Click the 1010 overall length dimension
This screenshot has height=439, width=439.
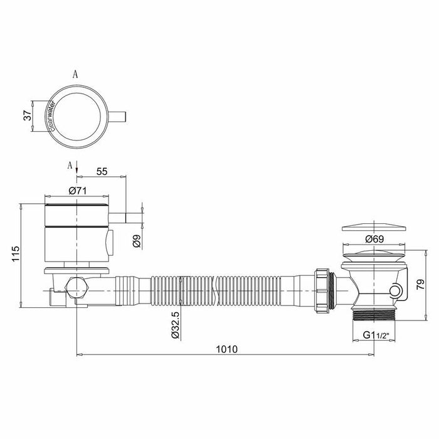(226, 349)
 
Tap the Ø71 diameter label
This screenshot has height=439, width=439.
(78, 191)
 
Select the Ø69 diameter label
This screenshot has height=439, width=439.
(374, 239)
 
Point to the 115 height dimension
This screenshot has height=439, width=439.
(16, 253)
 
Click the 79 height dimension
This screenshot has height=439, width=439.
(421, 285)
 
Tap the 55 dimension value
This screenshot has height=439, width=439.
(102, 171)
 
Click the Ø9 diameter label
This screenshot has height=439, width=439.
(137, 241)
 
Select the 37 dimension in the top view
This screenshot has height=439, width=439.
(28, 115)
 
